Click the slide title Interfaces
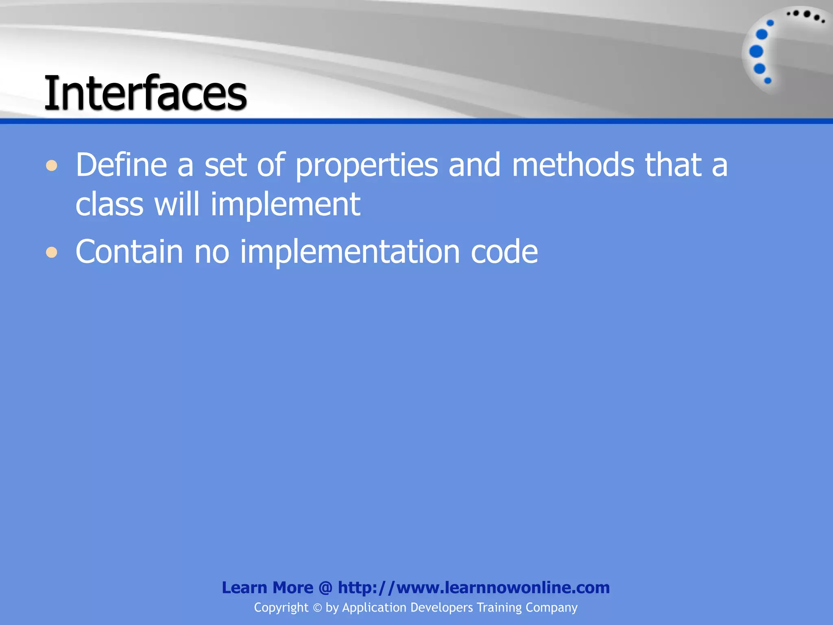[x=145, y=93]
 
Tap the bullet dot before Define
[x=52, y=166]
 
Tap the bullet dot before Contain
[x=52, y=253]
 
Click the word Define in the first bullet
[x=121, y=165]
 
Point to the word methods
[x=573, y=165]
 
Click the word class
[x=109, y=204]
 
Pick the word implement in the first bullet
[x=285, y=205]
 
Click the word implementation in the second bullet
[x=350, y=252]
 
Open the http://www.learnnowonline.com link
[x=474, y=588]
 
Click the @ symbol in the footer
[x=325, y=588]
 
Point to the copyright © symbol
[x=317, y=608]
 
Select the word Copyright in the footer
[x=281, y=608]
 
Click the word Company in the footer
[x=551, y=608]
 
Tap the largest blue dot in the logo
[x=756, y=52]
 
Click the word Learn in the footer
[x=244, y=588]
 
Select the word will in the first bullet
[x=177, y=204]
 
